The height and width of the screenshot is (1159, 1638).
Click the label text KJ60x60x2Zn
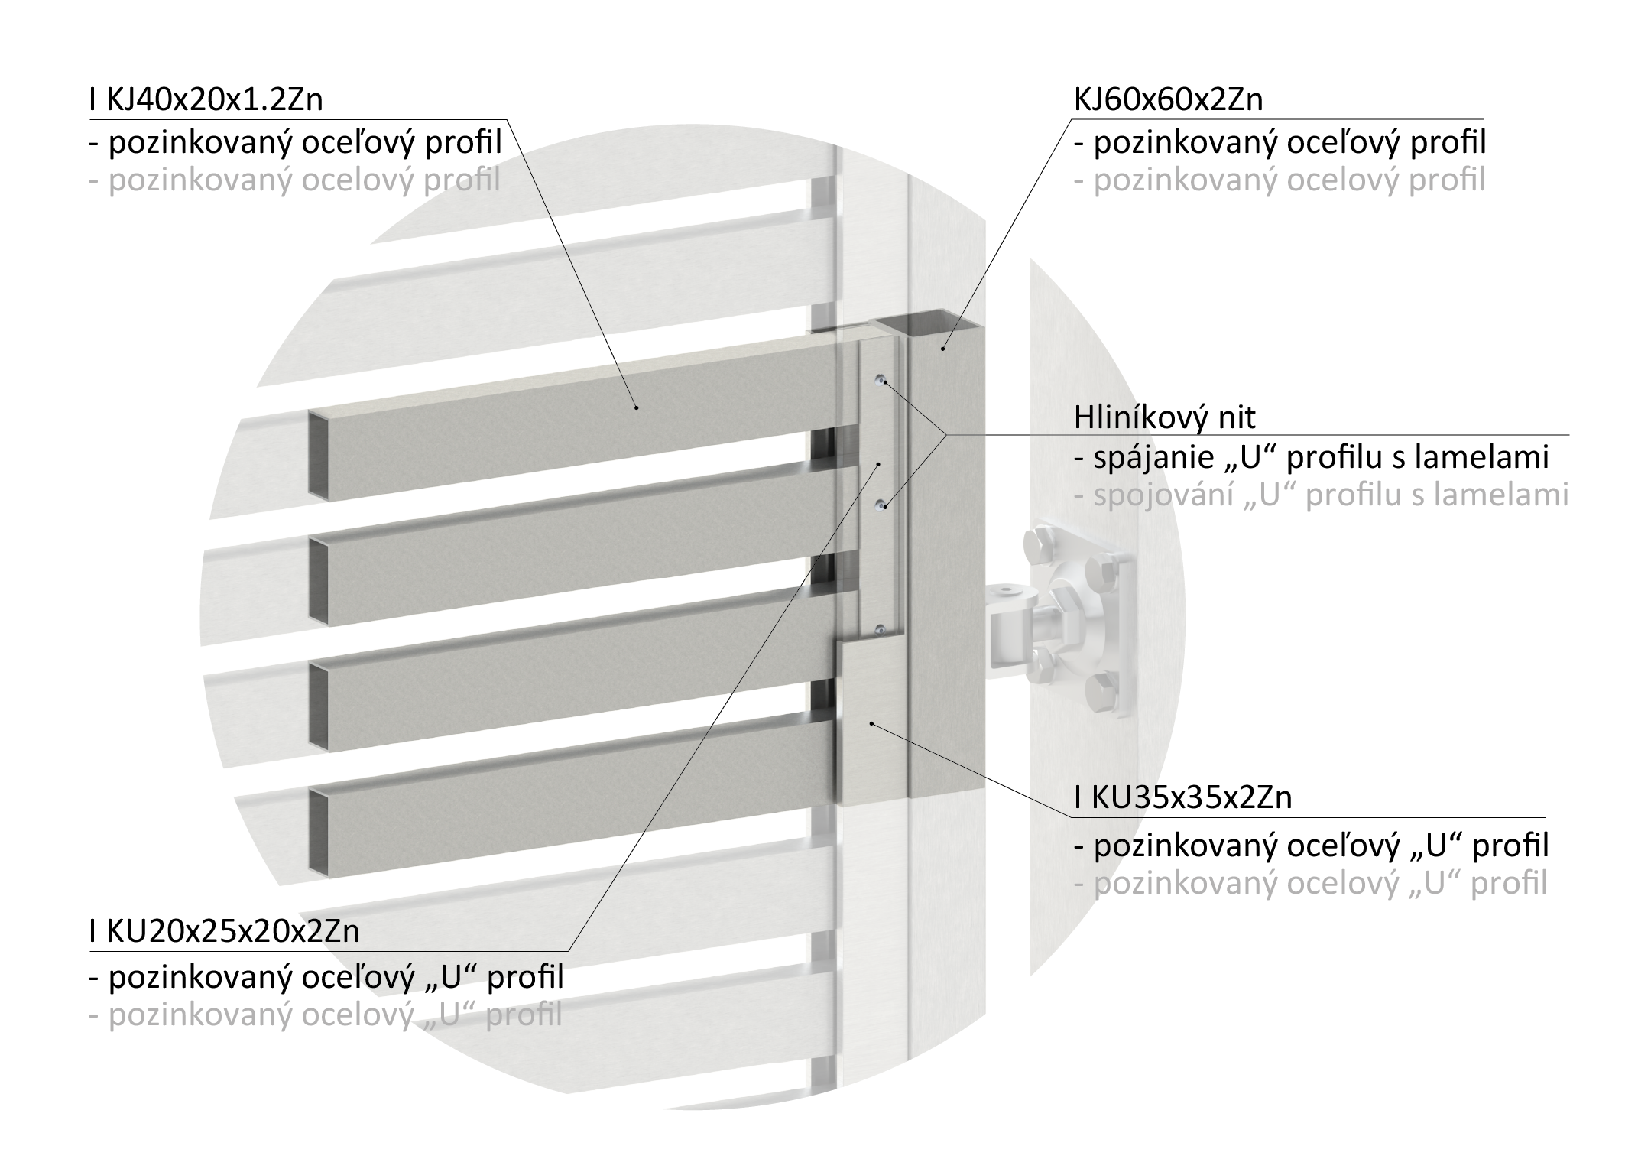point(1168,100)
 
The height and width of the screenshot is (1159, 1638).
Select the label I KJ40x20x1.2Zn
point(206,100)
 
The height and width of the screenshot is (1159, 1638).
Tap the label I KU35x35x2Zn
point(1182,797)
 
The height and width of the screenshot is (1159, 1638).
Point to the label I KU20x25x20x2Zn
point(225,931)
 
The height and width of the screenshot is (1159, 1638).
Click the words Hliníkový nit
point(1165,417)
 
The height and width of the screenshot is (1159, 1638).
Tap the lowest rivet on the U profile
point(881,630)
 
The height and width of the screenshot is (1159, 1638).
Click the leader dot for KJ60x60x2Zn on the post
point(942,349)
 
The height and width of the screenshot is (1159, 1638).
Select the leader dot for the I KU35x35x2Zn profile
point(871,722)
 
